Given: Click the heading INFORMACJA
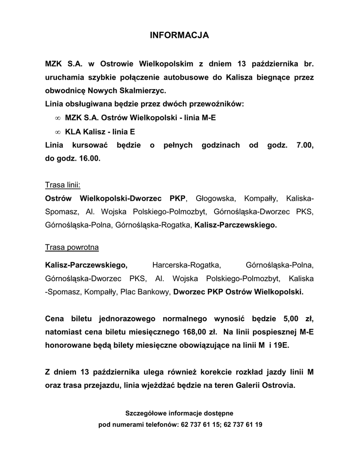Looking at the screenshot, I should coord(179,35).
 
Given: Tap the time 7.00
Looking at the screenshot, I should coord(304,145).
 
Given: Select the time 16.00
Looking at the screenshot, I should coord(91,159).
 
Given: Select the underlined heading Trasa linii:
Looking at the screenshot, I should coord(63,185).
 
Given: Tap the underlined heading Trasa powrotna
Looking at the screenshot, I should coord(72,248).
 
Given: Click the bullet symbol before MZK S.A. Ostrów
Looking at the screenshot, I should coord(57,118).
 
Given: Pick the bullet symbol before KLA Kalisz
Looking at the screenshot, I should coord(57,132).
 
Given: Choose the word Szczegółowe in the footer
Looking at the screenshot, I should coord(146,413).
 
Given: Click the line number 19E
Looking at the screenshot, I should coord(280,345).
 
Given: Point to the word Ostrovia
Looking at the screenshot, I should coord(279,385).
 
